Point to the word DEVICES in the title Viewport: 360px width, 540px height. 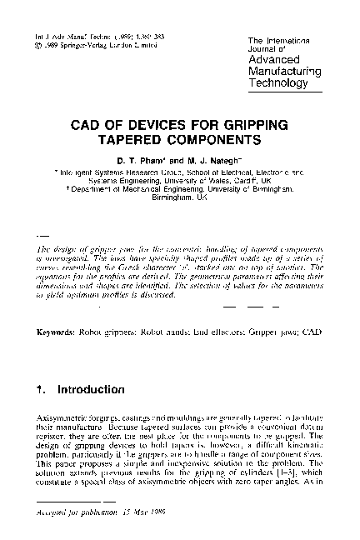(x=149, y=123)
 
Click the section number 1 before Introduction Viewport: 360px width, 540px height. (x=41, y=389)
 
